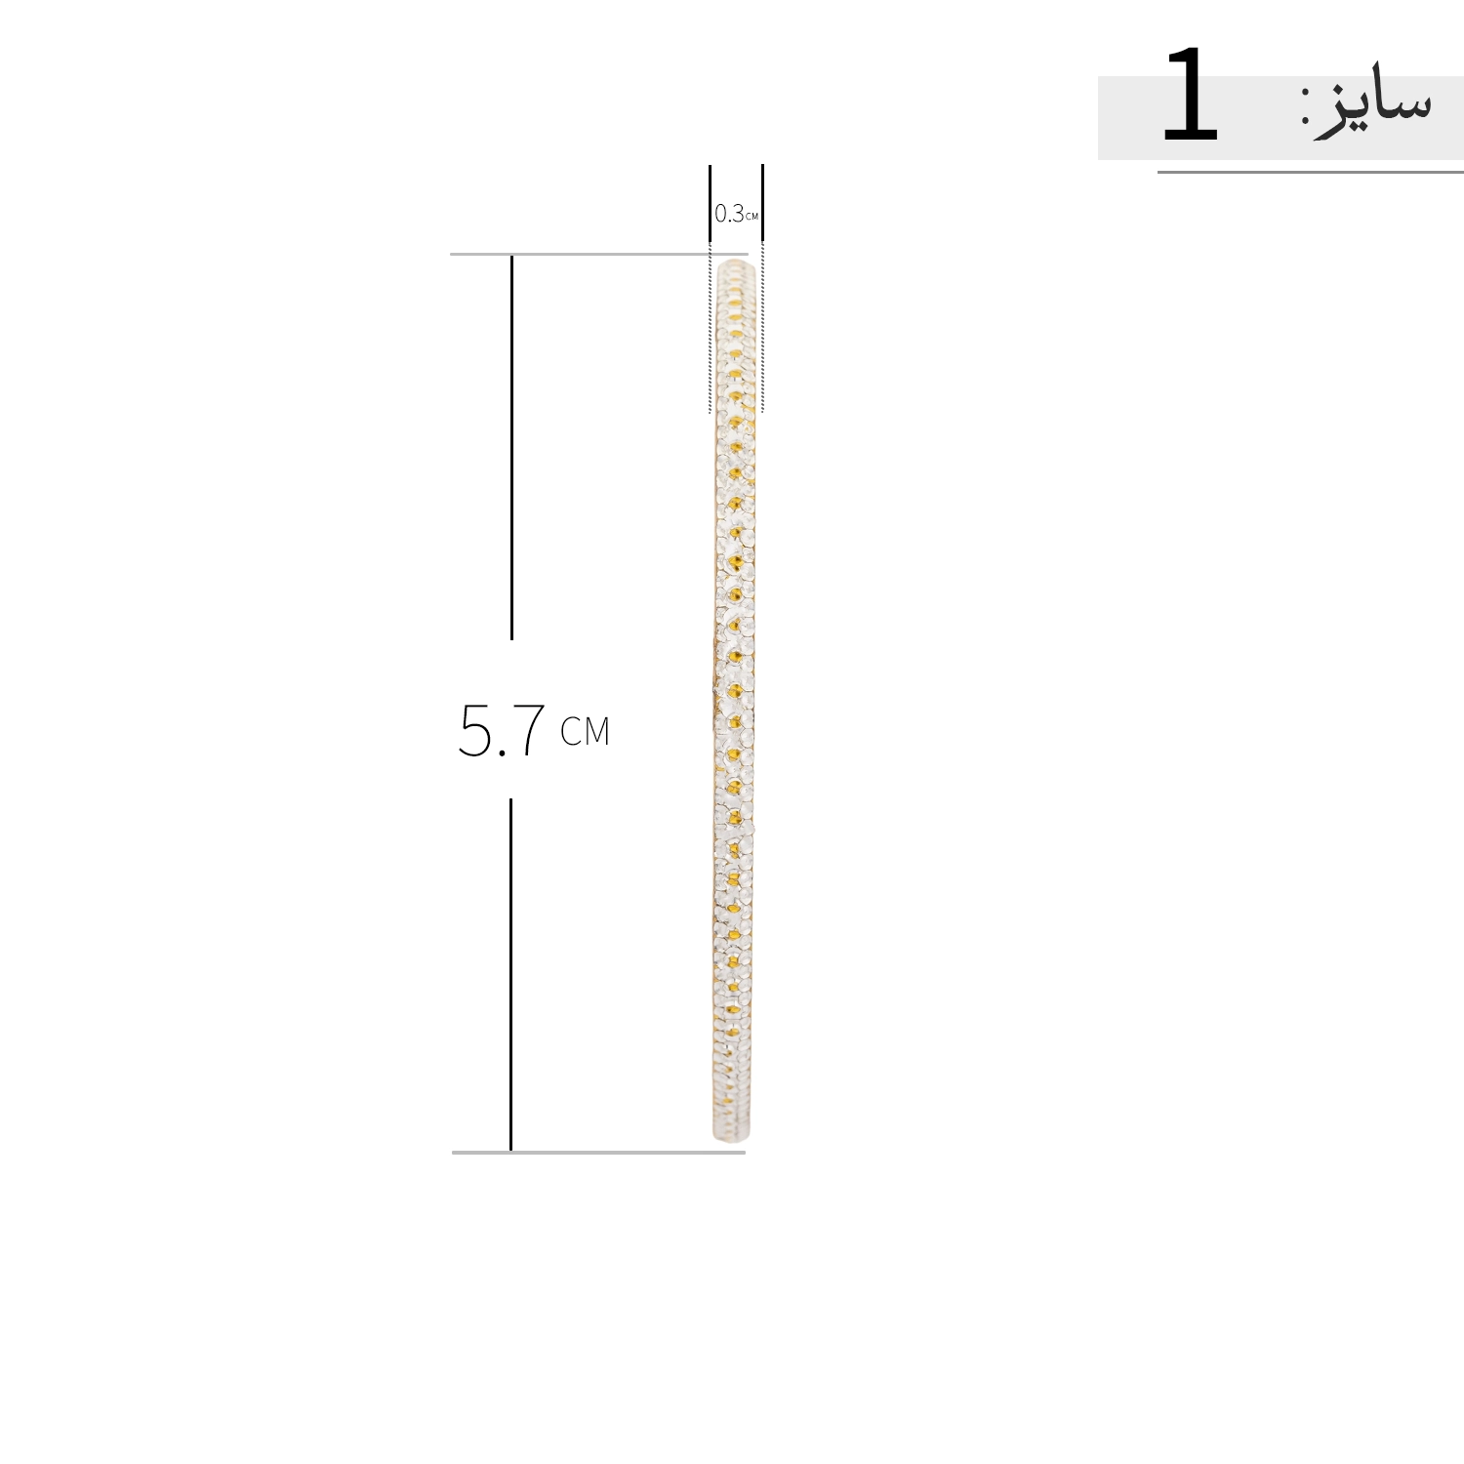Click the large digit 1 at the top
tap(1191, 95)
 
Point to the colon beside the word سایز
tap(1306, 105)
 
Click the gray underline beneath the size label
tap(1310, 173)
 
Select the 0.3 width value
tap(728, 213)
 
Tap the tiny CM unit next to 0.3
tap(752, 216)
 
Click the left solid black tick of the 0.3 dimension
tap(710, 203)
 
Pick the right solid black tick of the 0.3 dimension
tap(762, 203)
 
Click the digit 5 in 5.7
tap(475, 730)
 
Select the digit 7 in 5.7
tap(528, 730)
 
